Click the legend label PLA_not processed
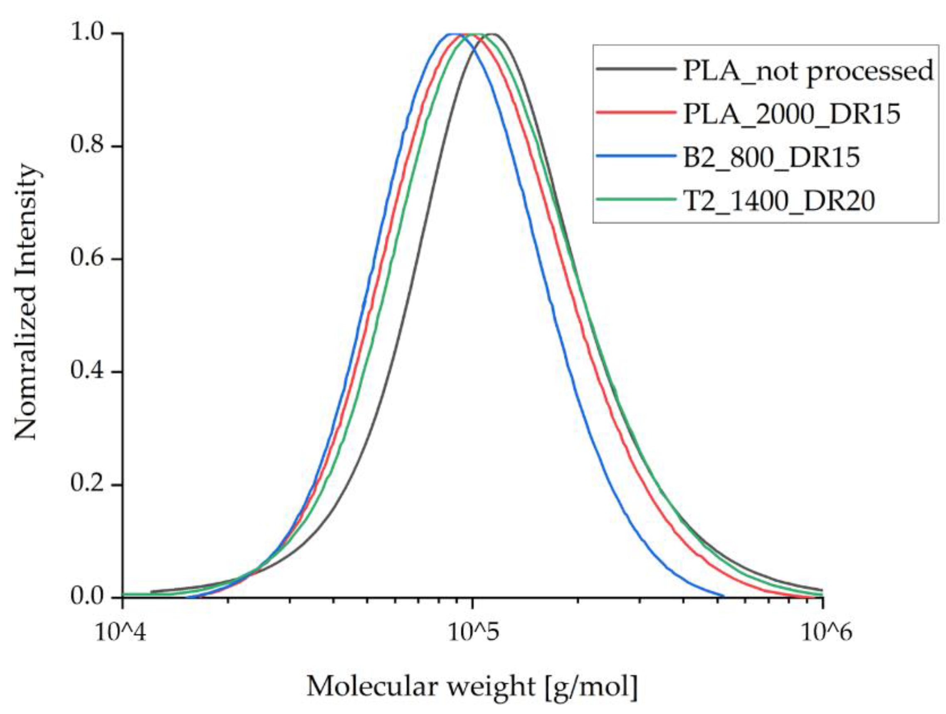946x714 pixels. (x=808, y=71)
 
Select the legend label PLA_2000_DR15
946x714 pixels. (x=792, y=114)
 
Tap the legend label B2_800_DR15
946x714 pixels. (x=771, y=158)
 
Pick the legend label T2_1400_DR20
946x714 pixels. (x=778, y=200)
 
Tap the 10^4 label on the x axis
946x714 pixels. (x=121, y=632)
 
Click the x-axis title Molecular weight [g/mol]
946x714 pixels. (x=472, y=687)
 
